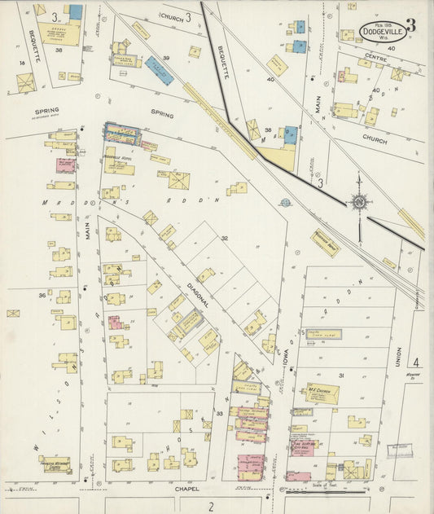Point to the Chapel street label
coord(186,489)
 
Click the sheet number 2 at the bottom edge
coord(211,506)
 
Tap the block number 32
coord(224,239)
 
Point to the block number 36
coord(42,295)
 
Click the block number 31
coord(341,374)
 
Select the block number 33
coord(219,414)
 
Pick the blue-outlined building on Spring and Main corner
coord(121,132)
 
